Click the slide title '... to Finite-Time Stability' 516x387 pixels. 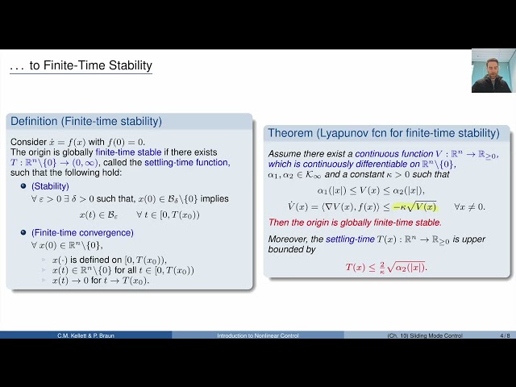(x=80, y=66)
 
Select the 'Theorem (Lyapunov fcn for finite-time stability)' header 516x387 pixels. (x=383, y=133)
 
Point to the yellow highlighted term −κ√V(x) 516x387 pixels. (x=414, y=206)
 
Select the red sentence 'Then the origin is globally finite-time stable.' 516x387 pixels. (x=354, y=222)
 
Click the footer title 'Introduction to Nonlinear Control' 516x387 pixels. (x=257, y=335)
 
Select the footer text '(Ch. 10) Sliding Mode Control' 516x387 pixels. (x=427, y=335)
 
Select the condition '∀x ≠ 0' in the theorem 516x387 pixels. (x=470, y=207)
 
